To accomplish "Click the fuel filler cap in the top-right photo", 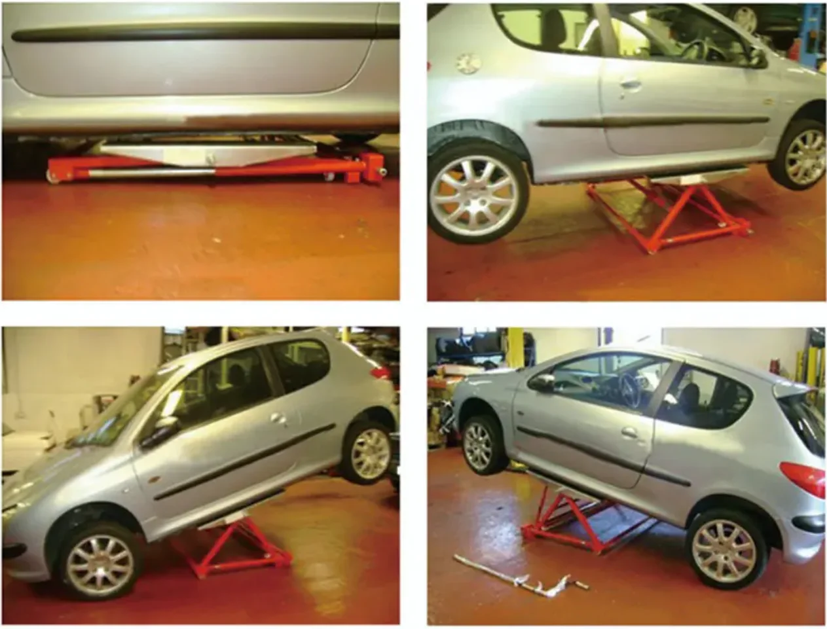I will [468, 63].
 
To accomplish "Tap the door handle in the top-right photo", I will [631, 84].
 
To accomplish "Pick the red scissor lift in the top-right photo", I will [668, 216].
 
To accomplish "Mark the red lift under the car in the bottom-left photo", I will [236, 550].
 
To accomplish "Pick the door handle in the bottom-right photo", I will [630, 433].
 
